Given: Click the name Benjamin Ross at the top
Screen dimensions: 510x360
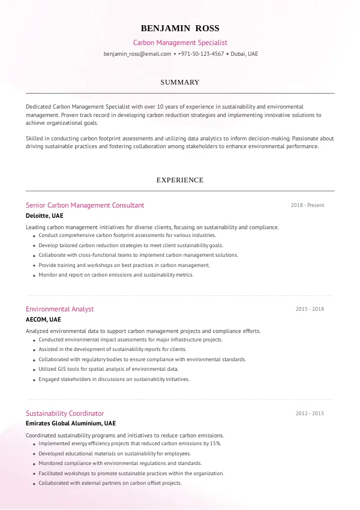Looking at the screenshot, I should click(x=180, y=28).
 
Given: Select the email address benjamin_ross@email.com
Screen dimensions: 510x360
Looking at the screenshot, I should click(x=137, y=53).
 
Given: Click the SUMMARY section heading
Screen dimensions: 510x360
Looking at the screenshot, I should click(x=180, y=82).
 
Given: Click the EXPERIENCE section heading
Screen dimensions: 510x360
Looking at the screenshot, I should click(x=180, y=180).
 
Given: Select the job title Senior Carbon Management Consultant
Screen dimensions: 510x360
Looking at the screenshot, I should click(x=85, y=205).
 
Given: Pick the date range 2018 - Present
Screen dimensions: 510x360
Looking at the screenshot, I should click(x=307, y=205).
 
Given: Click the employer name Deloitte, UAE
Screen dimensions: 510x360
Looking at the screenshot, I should click(x=44, y=215).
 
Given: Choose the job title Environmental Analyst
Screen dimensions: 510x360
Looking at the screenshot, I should click(x=59, y=309).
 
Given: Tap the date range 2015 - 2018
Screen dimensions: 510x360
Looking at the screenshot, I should click(x=310, y=309).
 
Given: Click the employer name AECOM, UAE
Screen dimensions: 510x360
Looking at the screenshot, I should click(x=43, y=319).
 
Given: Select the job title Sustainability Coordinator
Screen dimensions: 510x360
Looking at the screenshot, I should click(x=65, y=413).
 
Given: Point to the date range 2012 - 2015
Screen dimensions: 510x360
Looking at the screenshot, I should click(x=310, y=413).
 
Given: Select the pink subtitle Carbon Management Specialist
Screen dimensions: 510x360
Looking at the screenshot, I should click(x=180, y=43).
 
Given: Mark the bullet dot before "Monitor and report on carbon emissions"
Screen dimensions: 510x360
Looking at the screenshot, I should click(x=32, y=275).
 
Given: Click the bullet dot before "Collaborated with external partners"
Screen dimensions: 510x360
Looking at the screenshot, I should click(x=32, y=484).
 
